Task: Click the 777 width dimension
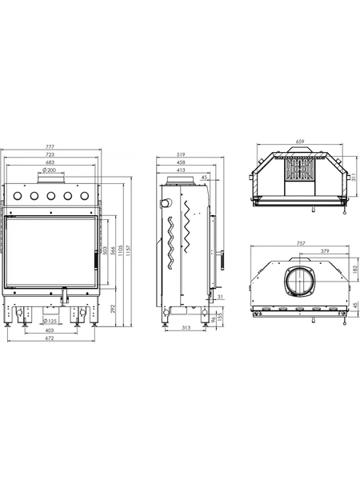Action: click(x=50, y=147)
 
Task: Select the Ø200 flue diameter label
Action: click(x=50, y=170)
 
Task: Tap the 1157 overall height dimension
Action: click(x=129, y=250)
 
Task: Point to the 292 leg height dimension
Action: click(x=112, y=308)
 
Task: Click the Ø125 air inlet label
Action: click(x=50, y=321)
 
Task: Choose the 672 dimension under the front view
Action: click(x=50, y=338)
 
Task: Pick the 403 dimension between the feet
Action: click(x=50, y=330)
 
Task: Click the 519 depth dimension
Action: click(x=182, y=154)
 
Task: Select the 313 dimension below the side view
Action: click(x=186, y=327)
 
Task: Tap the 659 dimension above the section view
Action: click(x=300, y=142)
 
